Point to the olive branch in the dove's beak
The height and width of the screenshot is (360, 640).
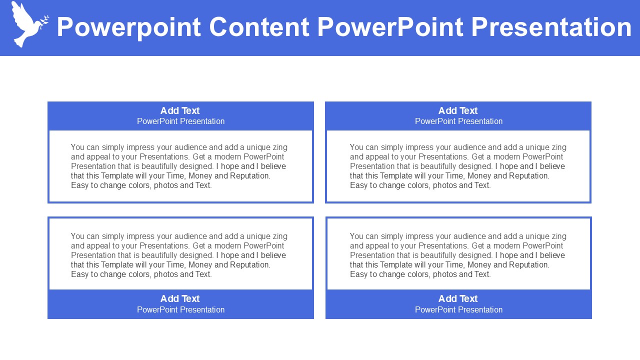coord(44,22)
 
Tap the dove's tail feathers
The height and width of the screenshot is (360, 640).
coord(19,41)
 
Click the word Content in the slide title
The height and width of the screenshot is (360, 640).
coord(259,27)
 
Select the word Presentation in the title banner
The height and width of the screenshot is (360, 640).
coord(551,27)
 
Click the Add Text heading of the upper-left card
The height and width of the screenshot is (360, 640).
coord(180,110)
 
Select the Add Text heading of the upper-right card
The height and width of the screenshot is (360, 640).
coord(458,110)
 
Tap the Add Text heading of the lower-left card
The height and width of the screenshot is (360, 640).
coord(180,298)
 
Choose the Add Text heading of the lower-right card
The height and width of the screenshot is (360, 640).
coord(458,298)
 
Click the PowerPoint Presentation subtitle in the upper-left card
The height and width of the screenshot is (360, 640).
coord(181,121)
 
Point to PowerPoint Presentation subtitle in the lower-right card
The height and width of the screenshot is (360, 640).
coord(459,309)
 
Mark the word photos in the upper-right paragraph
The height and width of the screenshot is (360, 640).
coord(444,185)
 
